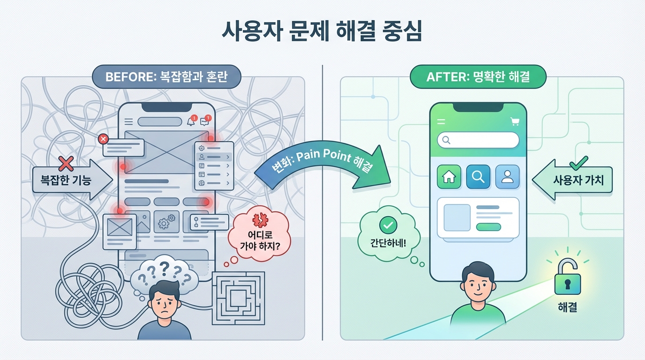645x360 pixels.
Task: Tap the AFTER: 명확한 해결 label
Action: click(x=478, y=77)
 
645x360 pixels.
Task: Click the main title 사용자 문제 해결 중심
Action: click(x=322, y=32)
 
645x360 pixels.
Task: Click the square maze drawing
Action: click(x=238, y=298)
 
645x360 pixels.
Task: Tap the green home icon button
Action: click(x=449, y=177)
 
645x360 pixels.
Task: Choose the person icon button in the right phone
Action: click(x=507, y=177)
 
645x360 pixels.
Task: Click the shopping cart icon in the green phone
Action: click(x=515, y=122)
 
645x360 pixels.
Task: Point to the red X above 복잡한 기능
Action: click(x=66, y=164)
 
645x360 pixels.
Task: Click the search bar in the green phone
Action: click(x=478, y=140)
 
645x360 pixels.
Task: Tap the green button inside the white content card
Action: click(x=488, y=227)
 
